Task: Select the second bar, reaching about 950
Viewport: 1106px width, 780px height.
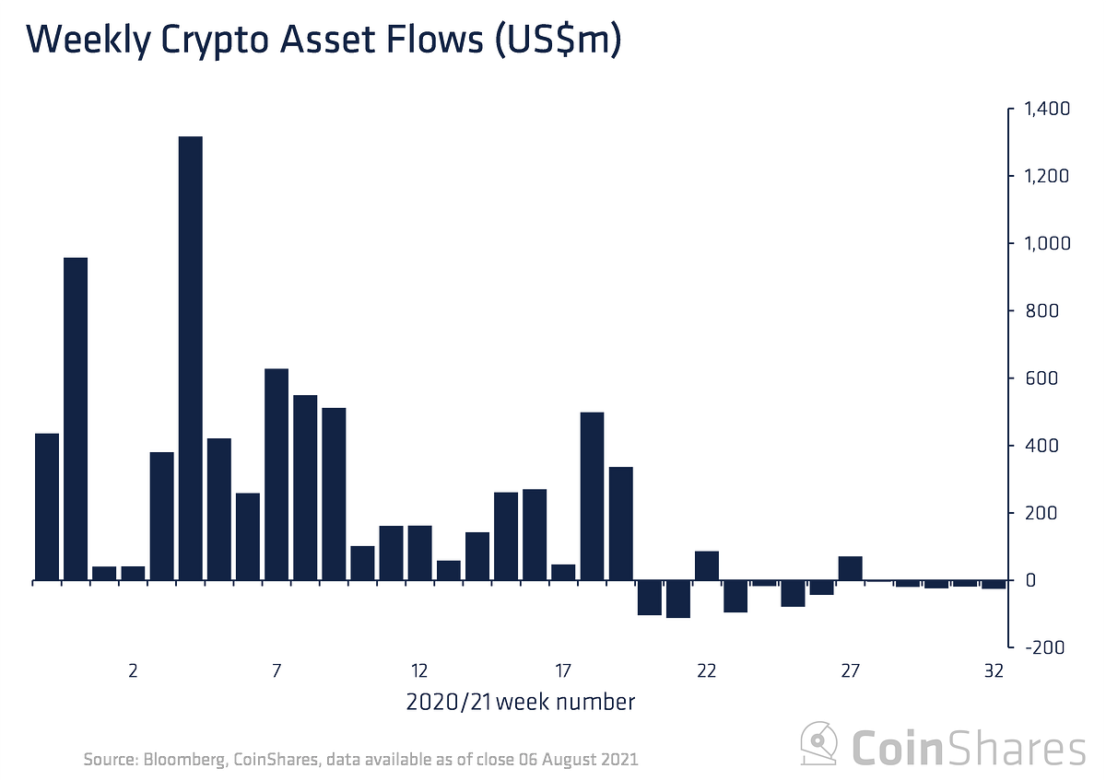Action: (x=76, y=419)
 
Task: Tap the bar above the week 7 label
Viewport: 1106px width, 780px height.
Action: (x=276, y=474)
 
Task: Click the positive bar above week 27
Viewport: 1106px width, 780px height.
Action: (x=850, y=568)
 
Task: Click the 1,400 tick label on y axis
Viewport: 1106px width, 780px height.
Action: (x=1045, y=110)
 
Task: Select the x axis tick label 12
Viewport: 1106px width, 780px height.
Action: (x=419, y=670)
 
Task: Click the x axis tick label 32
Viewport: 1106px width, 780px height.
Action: (x=994, y=670)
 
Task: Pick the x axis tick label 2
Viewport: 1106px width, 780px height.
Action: (x=133, y=670)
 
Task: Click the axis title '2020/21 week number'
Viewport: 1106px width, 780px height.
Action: (x=520, y=703)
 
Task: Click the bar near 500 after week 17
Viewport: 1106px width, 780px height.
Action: (x=592, y=496)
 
